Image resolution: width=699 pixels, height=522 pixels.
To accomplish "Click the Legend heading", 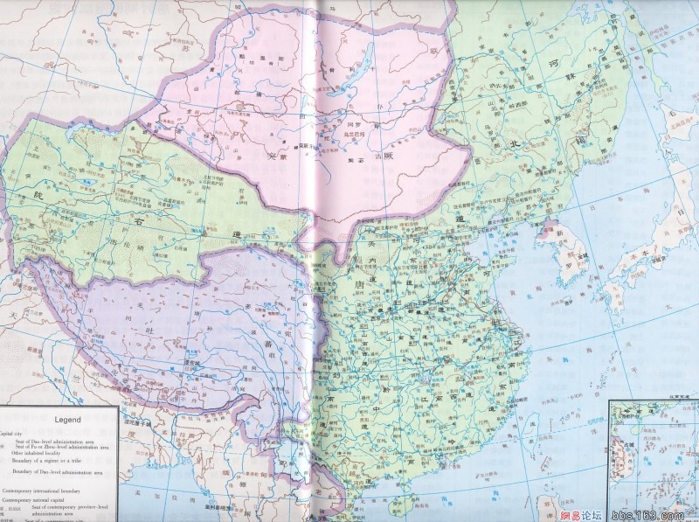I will (x=58, y=419).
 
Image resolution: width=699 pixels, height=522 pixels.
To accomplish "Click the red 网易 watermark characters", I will (x=596, y=513).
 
